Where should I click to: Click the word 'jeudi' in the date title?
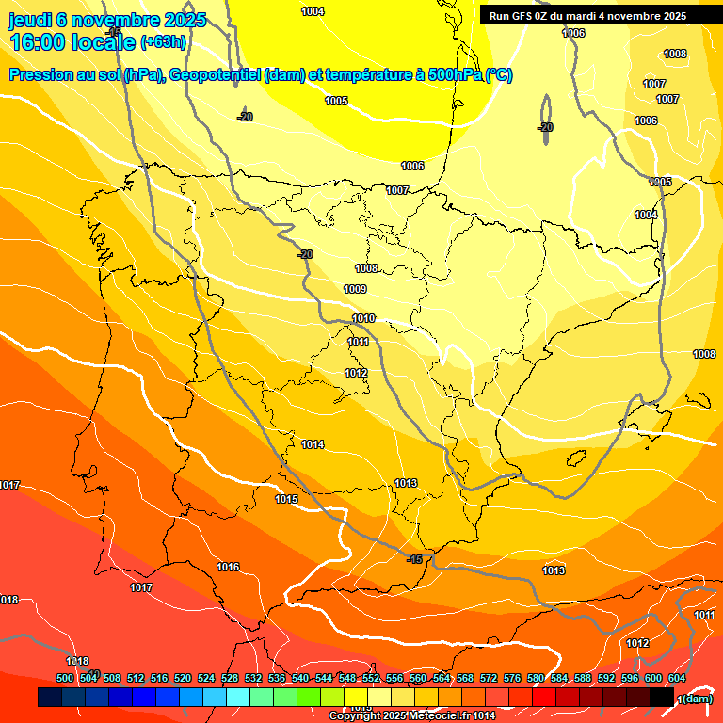click(30, 20)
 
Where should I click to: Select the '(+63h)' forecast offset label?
click(163, 42)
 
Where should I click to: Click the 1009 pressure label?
click(355, 289)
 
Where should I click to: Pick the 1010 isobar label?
click(363, 318)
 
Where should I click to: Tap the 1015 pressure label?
click(286, 499)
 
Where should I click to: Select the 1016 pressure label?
click(228, 567)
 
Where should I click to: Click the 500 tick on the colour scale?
click(65, 678)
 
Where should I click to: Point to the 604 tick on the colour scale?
click(677, 678)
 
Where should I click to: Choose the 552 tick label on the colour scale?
click(371, 678)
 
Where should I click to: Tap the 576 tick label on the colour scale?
click(512, 678)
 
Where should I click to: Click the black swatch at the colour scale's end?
click(662, 698)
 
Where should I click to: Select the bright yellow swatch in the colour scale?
click(356, 698)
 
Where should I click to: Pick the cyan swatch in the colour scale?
click(238, 698)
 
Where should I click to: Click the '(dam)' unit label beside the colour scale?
click(696, 699)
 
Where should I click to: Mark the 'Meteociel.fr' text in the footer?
click(442, 716)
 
